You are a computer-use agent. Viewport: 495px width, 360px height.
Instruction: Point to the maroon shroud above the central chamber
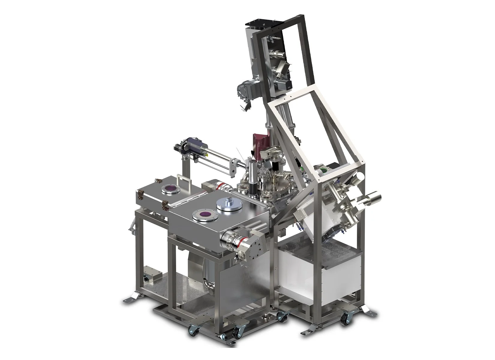(259, 145)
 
